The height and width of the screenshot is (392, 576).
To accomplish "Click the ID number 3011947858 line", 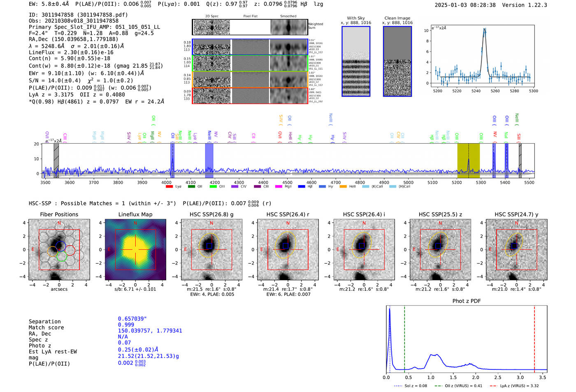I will [x=78, y=15].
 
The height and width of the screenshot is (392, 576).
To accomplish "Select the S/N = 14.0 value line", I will [x=81, y=81].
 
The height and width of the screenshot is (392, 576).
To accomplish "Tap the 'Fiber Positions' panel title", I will [x=59, y=214].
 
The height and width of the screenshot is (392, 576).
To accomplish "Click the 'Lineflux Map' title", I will [x=135, y=214].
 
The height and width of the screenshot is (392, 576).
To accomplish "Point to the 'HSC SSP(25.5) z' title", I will [x=440, y=214].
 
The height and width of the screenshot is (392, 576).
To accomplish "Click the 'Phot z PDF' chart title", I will [x=467, y=301].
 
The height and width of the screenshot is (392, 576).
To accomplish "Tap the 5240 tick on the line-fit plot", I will [x=476, y=91].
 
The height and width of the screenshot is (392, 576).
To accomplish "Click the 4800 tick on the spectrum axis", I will [x=360, y=182].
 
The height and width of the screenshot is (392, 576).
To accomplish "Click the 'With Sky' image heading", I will [x=355, y=18].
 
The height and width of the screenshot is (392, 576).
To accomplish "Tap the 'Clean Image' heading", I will [x=397, y=18].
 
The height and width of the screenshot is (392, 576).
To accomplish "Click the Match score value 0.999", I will [x=126, y=325].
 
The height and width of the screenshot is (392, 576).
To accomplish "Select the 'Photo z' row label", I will [x=40, y=346].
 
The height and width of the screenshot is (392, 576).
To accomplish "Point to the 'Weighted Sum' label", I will [x=315, y=26].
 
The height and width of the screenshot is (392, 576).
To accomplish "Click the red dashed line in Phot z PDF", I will [x=534, y=337].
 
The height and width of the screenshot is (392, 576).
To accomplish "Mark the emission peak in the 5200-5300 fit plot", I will [x=485, y=30].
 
